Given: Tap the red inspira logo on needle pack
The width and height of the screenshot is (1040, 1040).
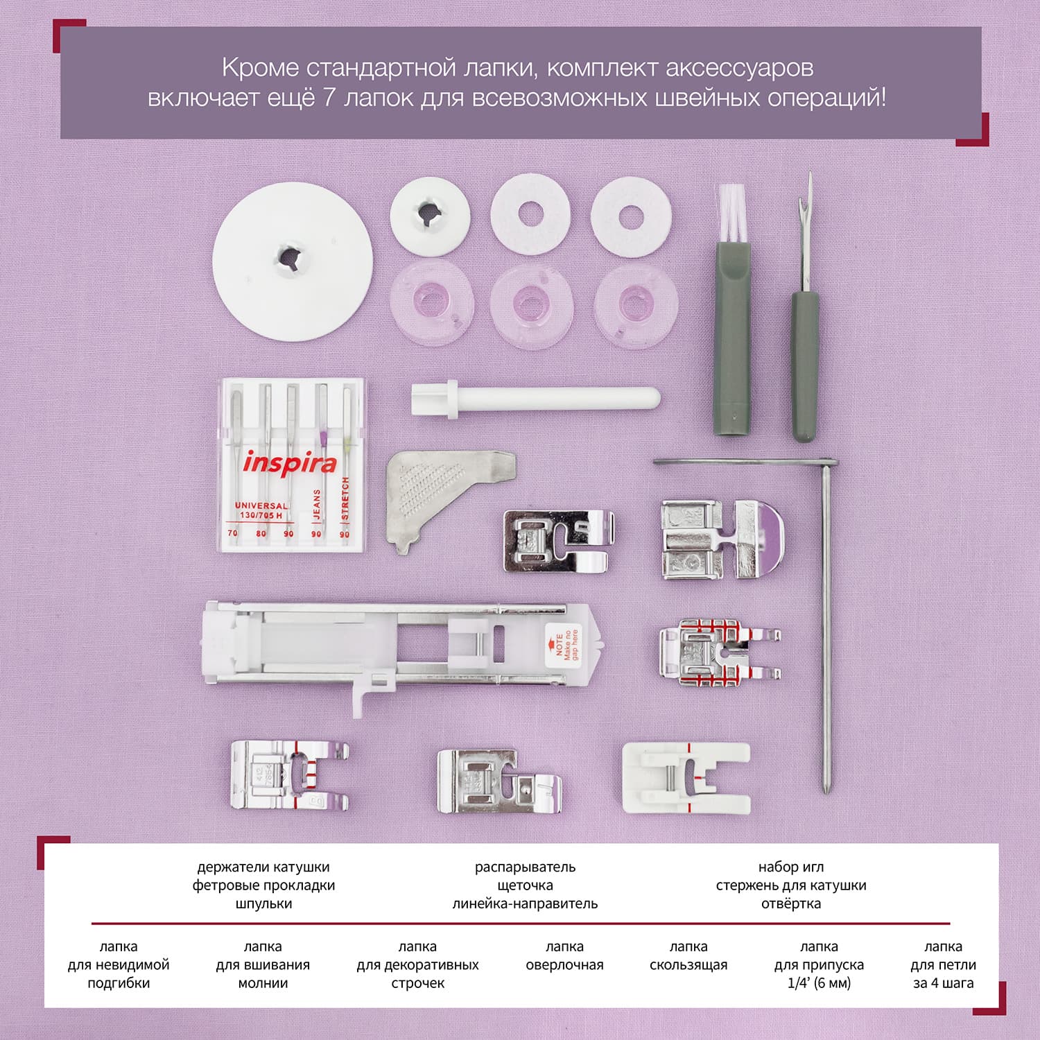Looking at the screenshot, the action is point(289,463).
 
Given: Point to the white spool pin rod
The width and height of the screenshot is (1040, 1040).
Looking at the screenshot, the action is point(535,400).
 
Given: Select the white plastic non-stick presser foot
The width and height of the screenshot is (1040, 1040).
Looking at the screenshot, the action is point(686,777).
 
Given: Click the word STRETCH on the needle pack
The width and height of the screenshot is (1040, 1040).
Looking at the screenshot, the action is point(345,499).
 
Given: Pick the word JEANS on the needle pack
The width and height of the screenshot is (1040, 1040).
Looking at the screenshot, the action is point(317,504).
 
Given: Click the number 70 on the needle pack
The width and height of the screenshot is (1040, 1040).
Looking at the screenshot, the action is point(232,533).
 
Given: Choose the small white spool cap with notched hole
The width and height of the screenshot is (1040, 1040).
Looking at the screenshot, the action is point(430,214).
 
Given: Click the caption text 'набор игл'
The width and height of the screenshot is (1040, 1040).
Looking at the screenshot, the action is point(791,867).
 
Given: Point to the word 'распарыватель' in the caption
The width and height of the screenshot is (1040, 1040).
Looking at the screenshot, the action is point(525,867).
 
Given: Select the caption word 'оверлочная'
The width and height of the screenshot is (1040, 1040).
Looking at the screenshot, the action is point(564,965).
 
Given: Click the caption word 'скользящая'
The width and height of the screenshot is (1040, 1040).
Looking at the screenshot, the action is point(688,965).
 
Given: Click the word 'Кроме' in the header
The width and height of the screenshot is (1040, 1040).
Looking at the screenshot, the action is point(260,68).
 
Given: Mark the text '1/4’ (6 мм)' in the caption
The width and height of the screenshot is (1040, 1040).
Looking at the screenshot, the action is point(819,983).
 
